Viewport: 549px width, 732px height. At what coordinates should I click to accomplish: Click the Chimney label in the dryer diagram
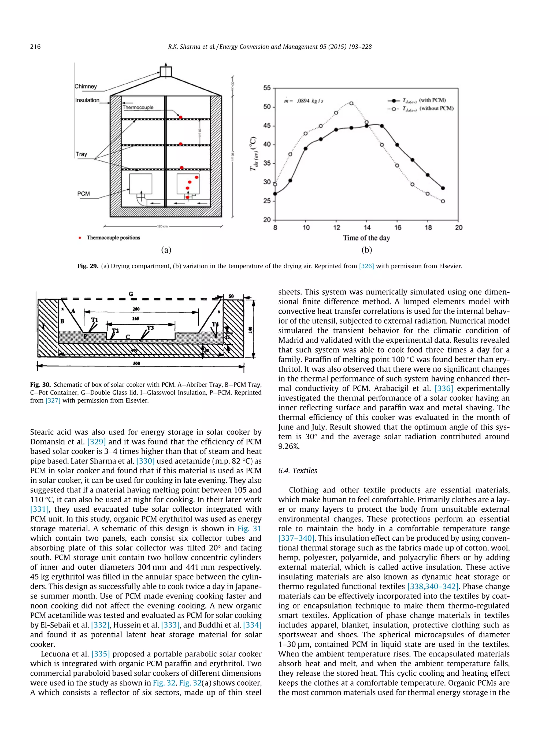[86, 86]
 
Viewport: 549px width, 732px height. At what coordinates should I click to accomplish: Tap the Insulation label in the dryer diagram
[87, 100]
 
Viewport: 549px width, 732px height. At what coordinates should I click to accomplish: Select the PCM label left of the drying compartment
[83, 194]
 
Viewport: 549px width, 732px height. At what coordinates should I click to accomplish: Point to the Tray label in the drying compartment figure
[81, 154]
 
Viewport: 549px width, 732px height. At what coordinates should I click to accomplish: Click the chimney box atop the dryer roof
[166, 72]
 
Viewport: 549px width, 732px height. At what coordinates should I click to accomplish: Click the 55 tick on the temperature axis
[267, 88]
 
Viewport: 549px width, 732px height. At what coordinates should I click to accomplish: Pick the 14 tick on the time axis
[367, 227]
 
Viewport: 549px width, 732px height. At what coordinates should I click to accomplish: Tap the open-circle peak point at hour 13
[351, 103]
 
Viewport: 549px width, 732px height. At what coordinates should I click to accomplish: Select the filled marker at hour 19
[443, 188]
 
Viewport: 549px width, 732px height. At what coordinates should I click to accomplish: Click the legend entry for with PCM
[424, 100]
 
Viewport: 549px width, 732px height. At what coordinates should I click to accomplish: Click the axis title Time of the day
[366, 238]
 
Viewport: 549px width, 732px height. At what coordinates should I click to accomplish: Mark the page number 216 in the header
[35, 47]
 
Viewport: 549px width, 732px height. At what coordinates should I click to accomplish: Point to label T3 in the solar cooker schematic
[150, 328]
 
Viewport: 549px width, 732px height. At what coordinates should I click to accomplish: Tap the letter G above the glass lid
[131, 293]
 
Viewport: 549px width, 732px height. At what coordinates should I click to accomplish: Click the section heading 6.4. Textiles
[298, 471]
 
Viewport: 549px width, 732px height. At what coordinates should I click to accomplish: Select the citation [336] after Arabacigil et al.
[443, 388]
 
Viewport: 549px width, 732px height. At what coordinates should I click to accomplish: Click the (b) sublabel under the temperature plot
[366, 250]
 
